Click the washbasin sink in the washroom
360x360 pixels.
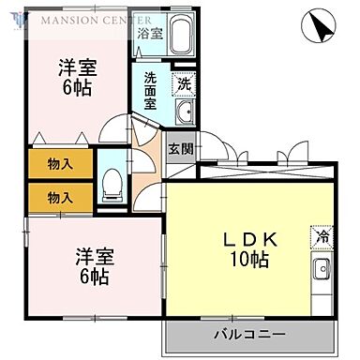[x=184, y=114]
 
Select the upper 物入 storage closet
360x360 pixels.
[x=60, y=165]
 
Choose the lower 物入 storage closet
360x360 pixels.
[x=60, y=197]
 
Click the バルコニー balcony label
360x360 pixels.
[x=249, y=334]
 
